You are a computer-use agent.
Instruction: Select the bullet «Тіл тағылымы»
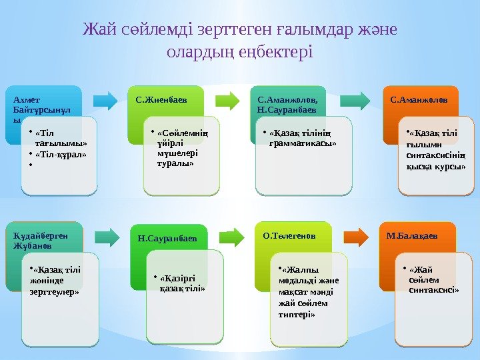(x=61, y=137)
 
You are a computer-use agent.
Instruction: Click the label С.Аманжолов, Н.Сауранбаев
(x=282, y=104)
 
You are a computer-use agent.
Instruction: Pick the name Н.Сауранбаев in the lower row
(x=167, y=237)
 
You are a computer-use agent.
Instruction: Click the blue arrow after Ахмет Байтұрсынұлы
(x=105, y=100)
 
